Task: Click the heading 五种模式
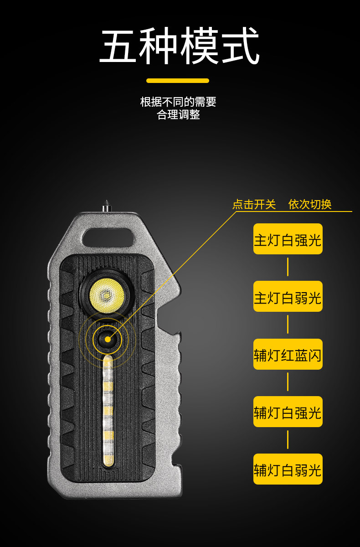pyautogui.click(x=180, y=46)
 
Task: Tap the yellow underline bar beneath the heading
pyautogui.click(x=178, y=81)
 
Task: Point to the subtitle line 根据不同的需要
pyautogui.click(x=178, y=102)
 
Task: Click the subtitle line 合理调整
pyautogui.click(x=178, y=114)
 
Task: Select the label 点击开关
pyautogui.click(x=254, y=205)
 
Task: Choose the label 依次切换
pyautogui.click(x=310, y=205)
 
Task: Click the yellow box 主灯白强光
pyautogui.click(x=288, y=239)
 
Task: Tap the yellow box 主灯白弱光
pyautogui.click(x=288, y=296)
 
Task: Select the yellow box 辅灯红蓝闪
pyautogui.click(x=288, y=354)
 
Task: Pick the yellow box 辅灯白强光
pyautogui.click(x=288, y=412)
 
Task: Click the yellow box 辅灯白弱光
pyautogui.click(x=288, y=469)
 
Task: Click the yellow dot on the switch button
pyautogui.click(x=108, y=339)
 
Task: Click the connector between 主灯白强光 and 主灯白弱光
pyautogui.click(x=288, y=267)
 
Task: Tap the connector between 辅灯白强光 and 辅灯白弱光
pyautogui.click(x=288, y=440)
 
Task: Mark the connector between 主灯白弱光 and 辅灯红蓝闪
pyautogui.click(x=288, y=325)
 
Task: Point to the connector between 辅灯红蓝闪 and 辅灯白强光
pyautogui.click(x=288, y=382)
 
